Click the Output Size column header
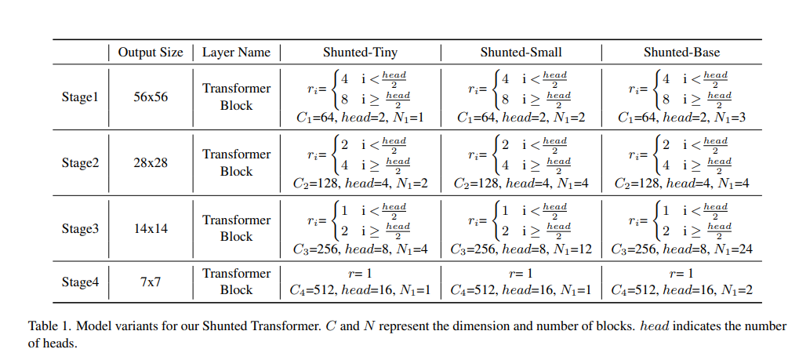coord(150,53)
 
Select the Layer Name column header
coord(236,53)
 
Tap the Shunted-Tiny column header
coord(360,53)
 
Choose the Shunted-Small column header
coord(521,53)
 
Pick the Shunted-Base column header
coord(679,53)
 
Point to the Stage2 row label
coord(80,163)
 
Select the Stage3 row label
coord(80,229)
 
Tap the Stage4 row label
coord(80,282)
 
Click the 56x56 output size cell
coord(151,97)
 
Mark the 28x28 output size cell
coord(151,163)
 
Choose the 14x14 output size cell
coord(151,229)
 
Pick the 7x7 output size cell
coord(151,282)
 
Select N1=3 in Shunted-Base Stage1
coord(730,118)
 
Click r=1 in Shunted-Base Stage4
coord(679,273)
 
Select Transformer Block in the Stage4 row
coord(236,282)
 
